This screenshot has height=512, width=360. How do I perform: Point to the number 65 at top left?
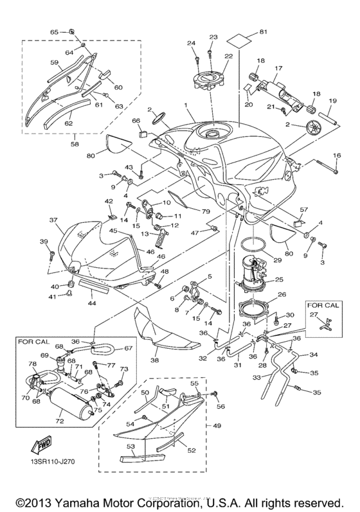coord(55,31)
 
